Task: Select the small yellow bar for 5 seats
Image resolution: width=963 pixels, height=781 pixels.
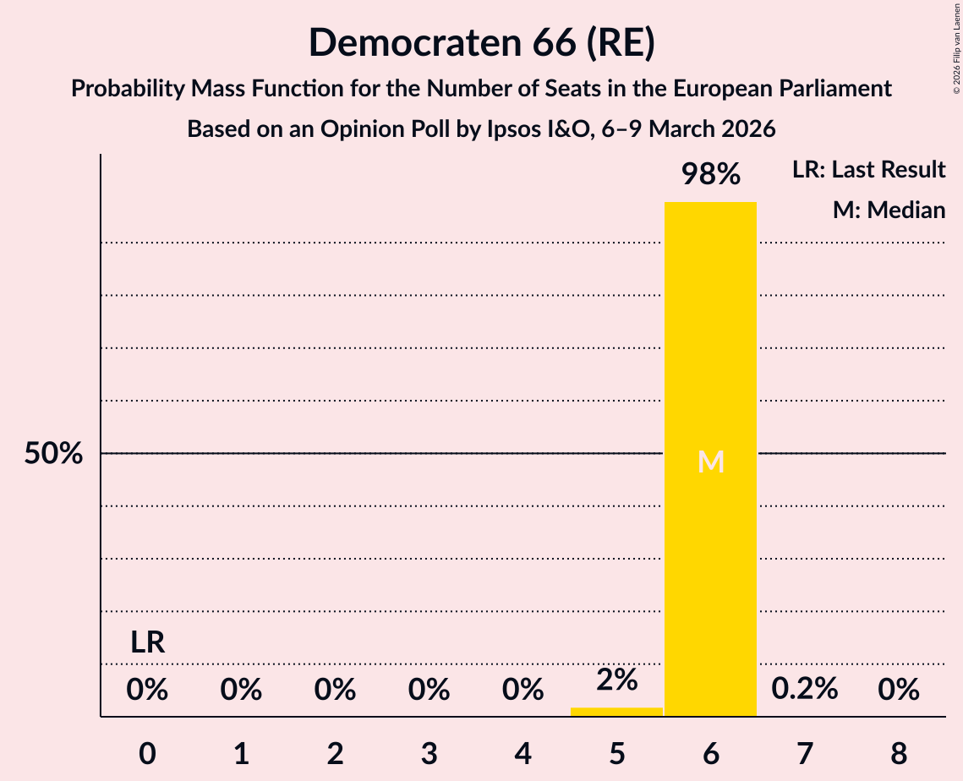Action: click(x=616, y=712)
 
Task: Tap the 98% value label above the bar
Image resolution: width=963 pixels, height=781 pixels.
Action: click(x=711, y=175)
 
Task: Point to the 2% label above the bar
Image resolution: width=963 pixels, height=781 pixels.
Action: click(x=616, y=680)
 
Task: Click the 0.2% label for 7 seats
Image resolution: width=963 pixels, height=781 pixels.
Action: click(x=804, y=690)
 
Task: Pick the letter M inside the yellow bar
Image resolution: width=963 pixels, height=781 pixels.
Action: click(x=711, y=461)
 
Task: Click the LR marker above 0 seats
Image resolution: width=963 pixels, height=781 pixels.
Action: click(x=147, y=643)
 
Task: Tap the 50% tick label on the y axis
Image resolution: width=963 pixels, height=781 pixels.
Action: click(x=53, y=454)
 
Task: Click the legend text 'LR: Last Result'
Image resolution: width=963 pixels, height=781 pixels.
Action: click(x=868, y=170)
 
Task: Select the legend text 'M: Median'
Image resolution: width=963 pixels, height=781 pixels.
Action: click(x=889, y=210)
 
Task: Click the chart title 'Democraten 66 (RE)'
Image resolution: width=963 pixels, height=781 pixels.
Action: click(x=481, y=42)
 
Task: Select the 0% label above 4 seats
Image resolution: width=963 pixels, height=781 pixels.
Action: click(x=523, y=690)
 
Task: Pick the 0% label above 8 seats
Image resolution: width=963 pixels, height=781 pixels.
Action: click(x=898, y=690)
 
